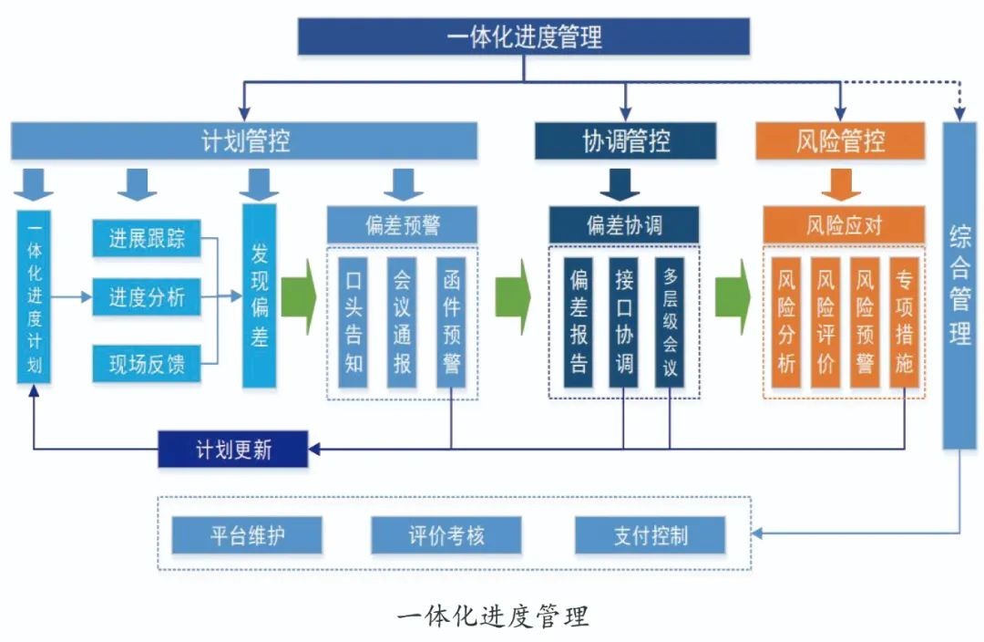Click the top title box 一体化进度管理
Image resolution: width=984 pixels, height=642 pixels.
point(524,37)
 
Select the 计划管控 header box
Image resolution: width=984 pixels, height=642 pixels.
point(244,141)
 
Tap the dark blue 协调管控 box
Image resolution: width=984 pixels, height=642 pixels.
point(625,141)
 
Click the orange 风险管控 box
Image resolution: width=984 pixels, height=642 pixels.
point(840,141)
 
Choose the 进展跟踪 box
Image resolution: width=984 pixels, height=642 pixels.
point(147,239)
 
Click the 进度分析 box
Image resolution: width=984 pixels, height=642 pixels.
point(147,297)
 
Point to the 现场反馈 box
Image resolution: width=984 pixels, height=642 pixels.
point(147,366)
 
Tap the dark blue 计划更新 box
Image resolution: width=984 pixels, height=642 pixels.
point(233,450)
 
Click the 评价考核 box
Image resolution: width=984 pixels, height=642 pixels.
point(446,535)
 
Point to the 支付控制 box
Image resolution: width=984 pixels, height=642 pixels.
point(651,535)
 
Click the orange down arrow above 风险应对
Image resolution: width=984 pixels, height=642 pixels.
point(841,183)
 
